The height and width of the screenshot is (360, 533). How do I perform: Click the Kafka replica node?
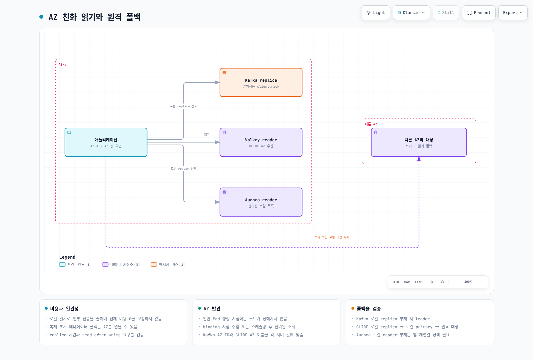pos(261,82)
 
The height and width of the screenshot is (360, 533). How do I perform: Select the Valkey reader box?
pos(261,142)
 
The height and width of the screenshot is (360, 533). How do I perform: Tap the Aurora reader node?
pos(261,202)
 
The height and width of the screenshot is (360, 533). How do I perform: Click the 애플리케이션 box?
pos(106,142)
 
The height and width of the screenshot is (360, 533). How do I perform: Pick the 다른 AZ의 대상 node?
pos(419,142)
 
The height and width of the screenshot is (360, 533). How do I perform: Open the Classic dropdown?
pos(411,13)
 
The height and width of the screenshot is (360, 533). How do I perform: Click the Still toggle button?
pos(446,13)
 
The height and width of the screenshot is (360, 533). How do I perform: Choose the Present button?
pos(479,13)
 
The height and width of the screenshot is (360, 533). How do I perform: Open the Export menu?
pos(513,13)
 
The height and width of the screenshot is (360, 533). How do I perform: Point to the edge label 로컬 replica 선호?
pos(183,106)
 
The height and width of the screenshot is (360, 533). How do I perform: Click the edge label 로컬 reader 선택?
pos(183,169)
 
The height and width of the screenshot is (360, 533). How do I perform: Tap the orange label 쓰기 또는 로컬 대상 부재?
pos(332,237)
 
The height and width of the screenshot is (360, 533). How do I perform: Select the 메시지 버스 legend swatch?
pos(154,265)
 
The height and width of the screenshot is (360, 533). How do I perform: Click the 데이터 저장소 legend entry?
pos(121,265)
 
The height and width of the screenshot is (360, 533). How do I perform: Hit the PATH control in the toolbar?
pos(395,282)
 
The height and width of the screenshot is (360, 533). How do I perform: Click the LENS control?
pos(419,282)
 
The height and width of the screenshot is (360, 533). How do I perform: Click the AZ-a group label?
pos(63,65)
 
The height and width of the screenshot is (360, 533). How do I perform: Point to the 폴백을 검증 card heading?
pos(369,309)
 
